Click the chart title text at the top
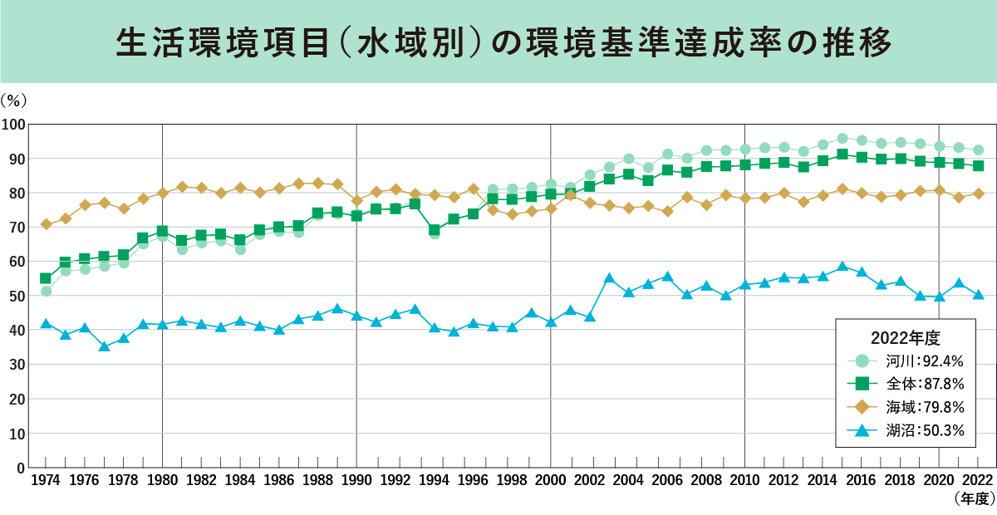[498, 41]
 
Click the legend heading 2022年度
[905, 337]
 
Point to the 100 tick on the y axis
[14, 125]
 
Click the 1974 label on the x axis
[46, 480]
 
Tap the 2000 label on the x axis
[550, 480]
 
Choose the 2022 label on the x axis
[978, 480]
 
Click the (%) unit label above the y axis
[14, 100]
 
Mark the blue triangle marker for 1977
[104, 346]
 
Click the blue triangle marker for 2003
[609, 277]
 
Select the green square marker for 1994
[434, 230]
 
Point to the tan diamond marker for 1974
[46, 224]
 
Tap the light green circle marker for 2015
[842, 139]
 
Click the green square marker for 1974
[46, 278]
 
